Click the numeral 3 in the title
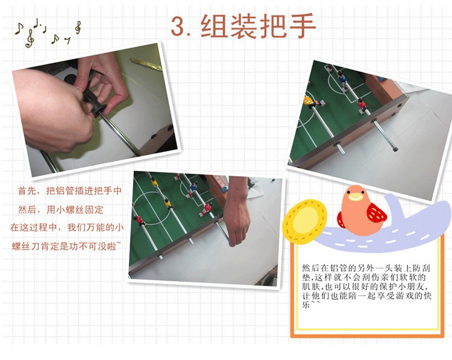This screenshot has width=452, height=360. coord(180,27)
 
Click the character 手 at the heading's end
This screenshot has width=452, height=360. coord(303,26)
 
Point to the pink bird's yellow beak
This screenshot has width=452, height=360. coord(356,197)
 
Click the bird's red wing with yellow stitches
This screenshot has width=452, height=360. coord(376,213)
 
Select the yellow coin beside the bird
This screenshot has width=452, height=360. coord(305,221)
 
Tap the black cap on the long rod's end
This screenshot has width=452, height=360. coord(395,150)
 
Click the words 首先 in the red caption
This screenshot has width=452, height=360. coord(27,191)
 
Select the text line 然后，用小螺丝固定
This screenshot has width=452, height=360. coord(61,210)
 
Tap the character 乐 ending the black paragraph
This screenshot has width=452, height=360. coord(306,305)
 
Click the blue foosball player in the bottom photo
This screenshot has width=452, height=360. coord(193,188)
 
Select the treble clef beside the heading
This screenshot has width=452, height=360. coord(78,28)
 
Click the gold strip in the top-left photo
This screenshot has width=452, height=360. coord(146,65)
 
